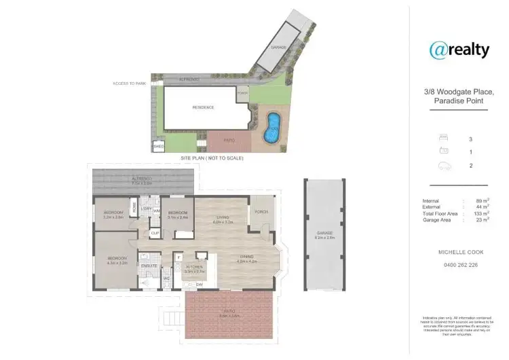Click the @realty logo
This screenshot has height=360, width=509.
459,49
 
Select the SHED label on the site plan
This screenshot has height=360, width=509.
159,146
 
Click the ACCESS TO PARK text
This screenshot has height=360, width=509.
130,84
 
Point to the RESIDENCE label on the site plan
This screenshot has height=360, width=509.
203,107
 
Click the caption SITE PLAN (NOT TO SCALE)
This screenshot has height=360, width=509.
212,158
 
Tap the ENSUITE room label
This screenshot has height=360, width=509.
149,266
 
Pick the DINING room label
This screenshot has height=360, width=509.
246,257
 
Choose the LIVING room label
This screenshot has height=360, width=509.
222,218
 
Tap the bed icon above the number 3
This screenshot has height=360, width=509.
444,139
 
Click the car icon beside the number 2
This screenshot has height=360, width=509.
444,165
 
